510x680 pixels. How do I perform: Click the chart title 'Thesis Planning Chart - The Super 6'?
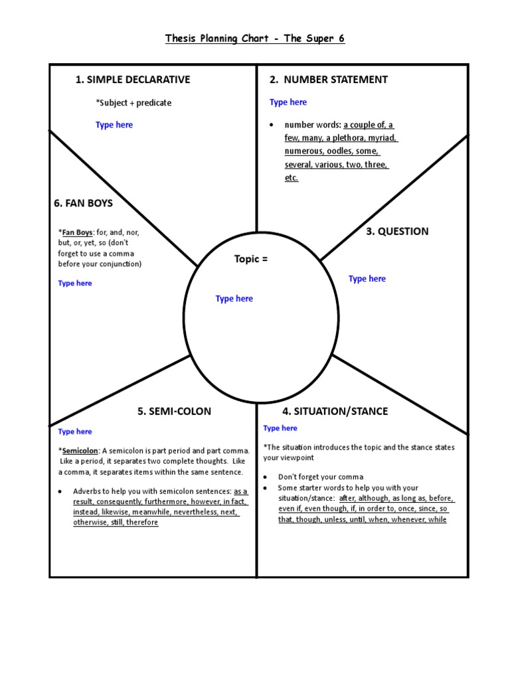[255, 39]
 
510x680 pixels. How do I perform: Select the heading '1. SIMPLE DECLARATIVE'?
[133, 80]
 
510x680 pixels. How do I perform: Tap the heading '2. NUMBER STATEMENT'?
[329, 80]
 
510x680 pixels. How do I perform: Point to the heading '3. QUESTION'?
[397, 231]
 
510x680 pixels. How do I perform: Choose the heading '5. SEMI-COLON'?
[174, 411]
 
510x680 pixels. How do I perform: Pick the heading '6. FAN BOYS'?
[83, 203]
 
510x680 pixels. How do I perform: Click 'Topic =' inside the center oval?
[251, 259]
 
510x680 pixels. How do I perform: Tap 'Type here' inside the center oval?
[234, 299]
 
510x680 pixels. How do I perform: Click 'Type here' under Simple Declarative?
[114, 125]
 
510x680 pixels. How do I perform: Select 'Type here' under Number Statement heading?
[288, 102]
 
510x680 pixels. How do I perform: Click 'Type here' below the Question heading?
[367, 279]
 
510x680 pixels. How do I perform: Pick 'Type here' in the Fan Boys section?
[75, 284]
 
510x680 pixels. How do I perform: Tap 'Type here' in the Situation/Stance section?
[280, 428]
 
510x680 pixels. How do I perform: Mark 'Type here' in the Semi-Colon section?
[75, 432]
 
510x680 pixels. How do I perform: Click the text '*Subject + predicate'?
[133, 103]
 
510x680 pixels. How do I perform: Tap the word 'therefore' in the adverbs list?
[143, 523]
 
